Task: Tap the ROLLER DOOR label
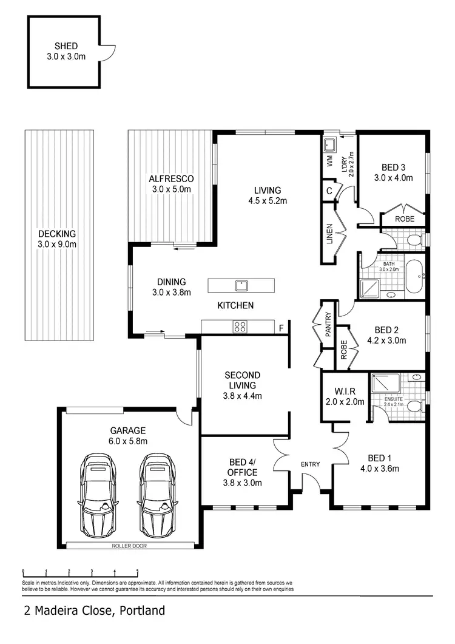click(x=129, y=546)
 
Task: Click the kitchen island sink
click(x=241, y=284)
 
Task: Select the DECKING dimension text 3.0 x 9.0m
click(x=57, y=244)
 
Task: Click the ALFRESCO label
click(x=171, y=178)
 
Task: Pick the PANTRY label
click(x=328, y=325)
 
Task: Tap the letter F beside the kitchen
click(x=281, y=328)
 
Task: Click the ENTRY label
click(x=310, y=464)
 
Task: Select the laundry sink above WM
click(x=330, y=146)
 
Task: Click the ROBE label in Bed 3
click(x=404, y=219)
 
